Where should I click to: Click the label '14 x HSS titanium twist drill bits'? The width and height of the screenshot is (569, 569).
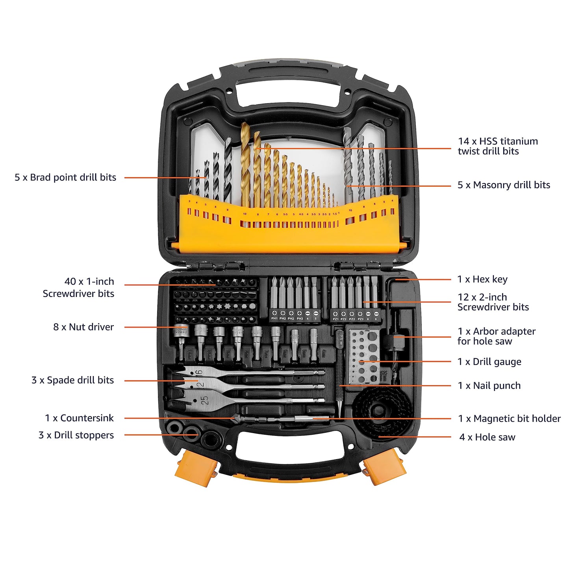tap(497, 146)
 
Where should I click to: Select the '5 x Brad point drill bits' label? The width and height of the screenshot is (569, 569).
tap(65, 177)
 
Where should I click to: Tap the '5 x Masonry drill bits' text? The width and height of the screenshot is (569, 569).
tap(503, 185)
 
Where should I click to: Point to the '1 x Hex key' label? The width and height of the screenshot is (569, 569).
tap(482, 279)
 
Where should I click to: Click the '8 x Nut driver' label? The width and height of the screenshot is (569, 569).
tap(83, 327)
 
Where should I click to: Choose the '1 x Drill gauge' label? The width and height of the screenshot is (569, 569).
tap(489, 361)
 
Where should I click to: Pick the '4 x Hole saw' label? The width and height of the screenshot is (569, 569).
tap(487, 437)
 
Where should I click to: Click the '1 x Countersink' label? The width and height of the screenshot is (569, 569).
tap(79, 418)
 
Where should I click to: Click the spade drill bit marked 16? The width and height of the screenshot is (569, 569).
tap(197, 372)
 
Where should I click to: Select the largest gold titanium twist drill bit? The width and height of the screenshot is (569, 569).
tap(245, 165)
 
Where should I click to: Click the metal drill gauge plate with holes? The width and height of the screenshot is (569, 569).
tap(364, 356)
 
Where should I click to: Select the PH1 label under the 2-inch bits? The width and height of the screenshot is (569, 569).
tap(274, 318)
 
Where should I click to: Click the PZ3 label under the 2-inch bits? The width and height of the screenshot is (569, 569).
tap(360, 319)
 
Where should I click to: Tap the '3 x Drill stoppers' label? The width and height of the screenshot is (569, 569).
tap(76, 435)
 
